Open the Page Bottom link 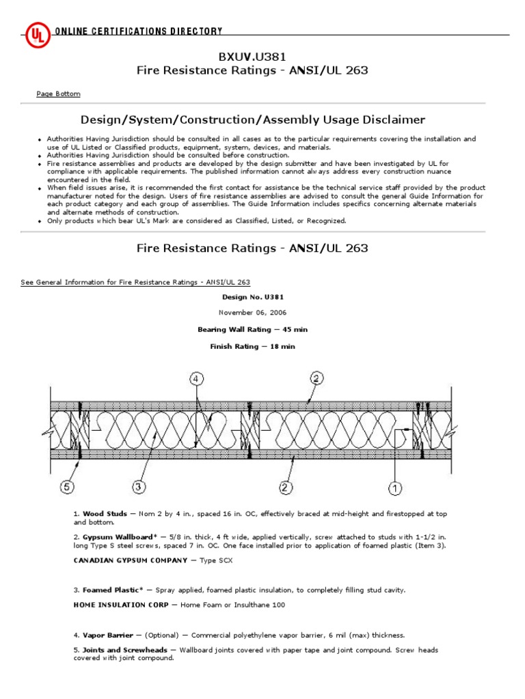point(58,94)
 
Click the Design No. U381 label point(253,297)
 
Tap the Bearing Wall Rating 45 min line point(253,329)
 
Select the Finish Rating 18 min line point(253,346)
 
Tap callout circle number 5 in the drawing point(66,487)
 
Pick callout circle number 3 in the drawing point(137,487)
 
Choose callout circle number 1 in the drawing point(396,487)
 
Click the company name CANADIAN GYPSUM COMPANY point(129,560)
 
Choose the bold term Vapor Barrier point(107,635)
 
